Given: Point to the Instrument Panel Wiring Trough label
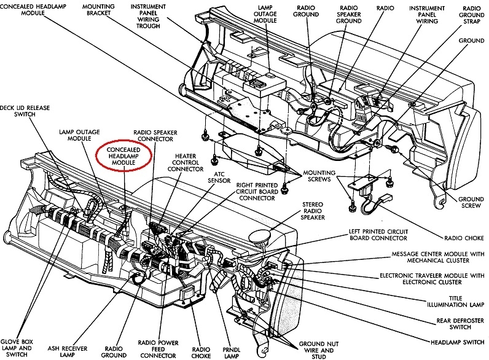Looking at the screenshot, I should pyautogui.click(x=149, y=15).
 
